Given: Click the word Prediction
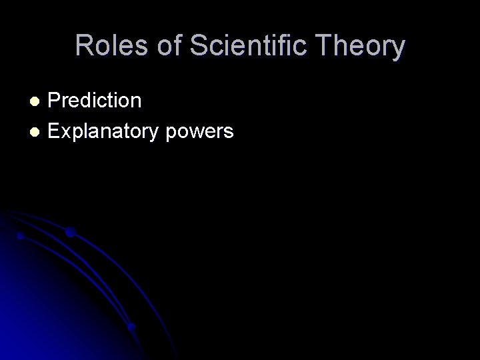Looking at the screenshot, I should (x=95, y=101).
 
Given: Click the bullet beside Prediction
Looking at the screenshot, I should (x=37, y=101).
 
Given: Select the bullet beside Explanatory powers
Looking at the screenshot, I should (x=37, y=131).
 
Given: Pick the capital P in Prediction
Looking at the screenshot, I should (x=55, y=101).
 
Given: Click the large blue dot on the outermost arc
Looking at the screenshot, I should (x=70, y=233).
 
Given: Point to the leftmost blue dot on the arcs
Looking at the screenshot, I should (x=21, y=236).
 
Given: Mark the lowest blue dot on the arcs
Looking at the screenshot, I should (x=131, y=327).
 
